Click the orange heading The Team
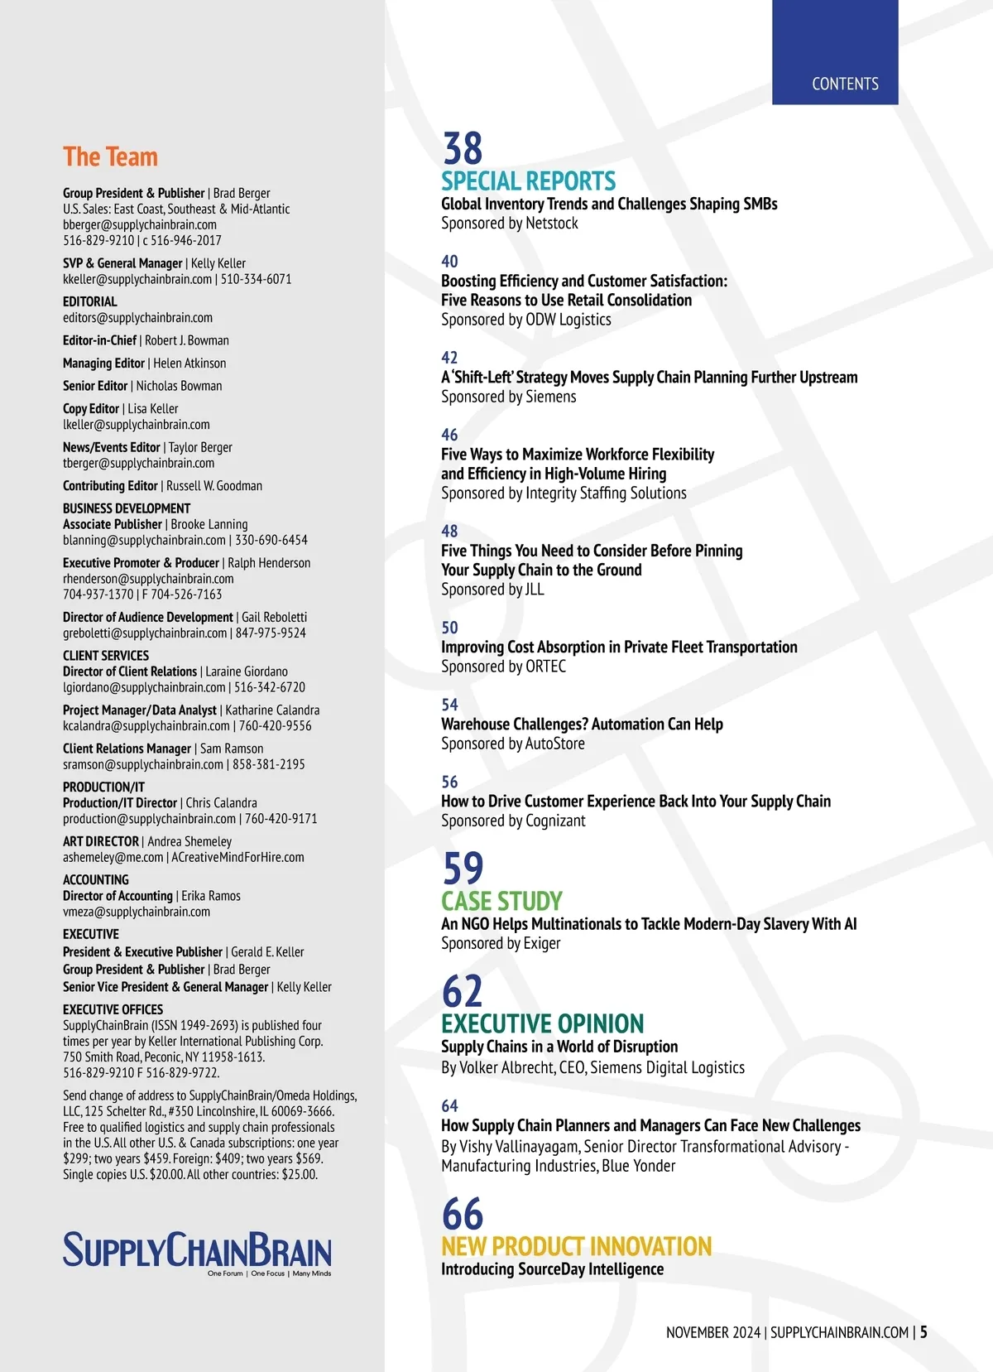click(x=110, y=156)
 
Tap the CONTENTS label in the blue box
click(x=845, y=84)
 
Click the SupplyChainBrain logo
click(x=197, y=1252)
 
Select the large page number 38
click(x=462, y=149)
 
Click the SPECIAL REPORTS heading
click(x=528, y=181)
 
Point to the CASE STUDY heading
click(x=501, y=901)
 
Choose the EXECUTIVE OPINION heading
click(x=542, y=1023)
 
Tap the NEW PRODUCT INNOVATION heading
click(x=576, y=1246)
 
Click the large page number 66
click(x=462, y=1214)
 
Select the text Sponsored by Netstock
click(x=509, y=223)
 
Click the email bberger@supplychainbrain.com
click(x=140, y=224)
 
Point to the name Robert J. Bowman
click(x=187, y=340)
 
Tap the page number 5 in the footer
click(x=923, y=1332)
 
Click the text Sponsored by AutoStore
click(x=512, y=744)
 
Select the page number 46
click(x=449, y=435)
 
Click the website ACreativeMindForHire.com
click(x=237, y=857)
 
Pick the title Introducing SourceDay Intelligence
click(x=552, y=1269)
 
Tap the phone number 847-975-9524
click(x=271, y=633)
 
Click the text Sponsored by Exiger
click(x=501, y=943)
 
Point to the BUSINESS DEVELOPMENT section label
click(x=127, y=508)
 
